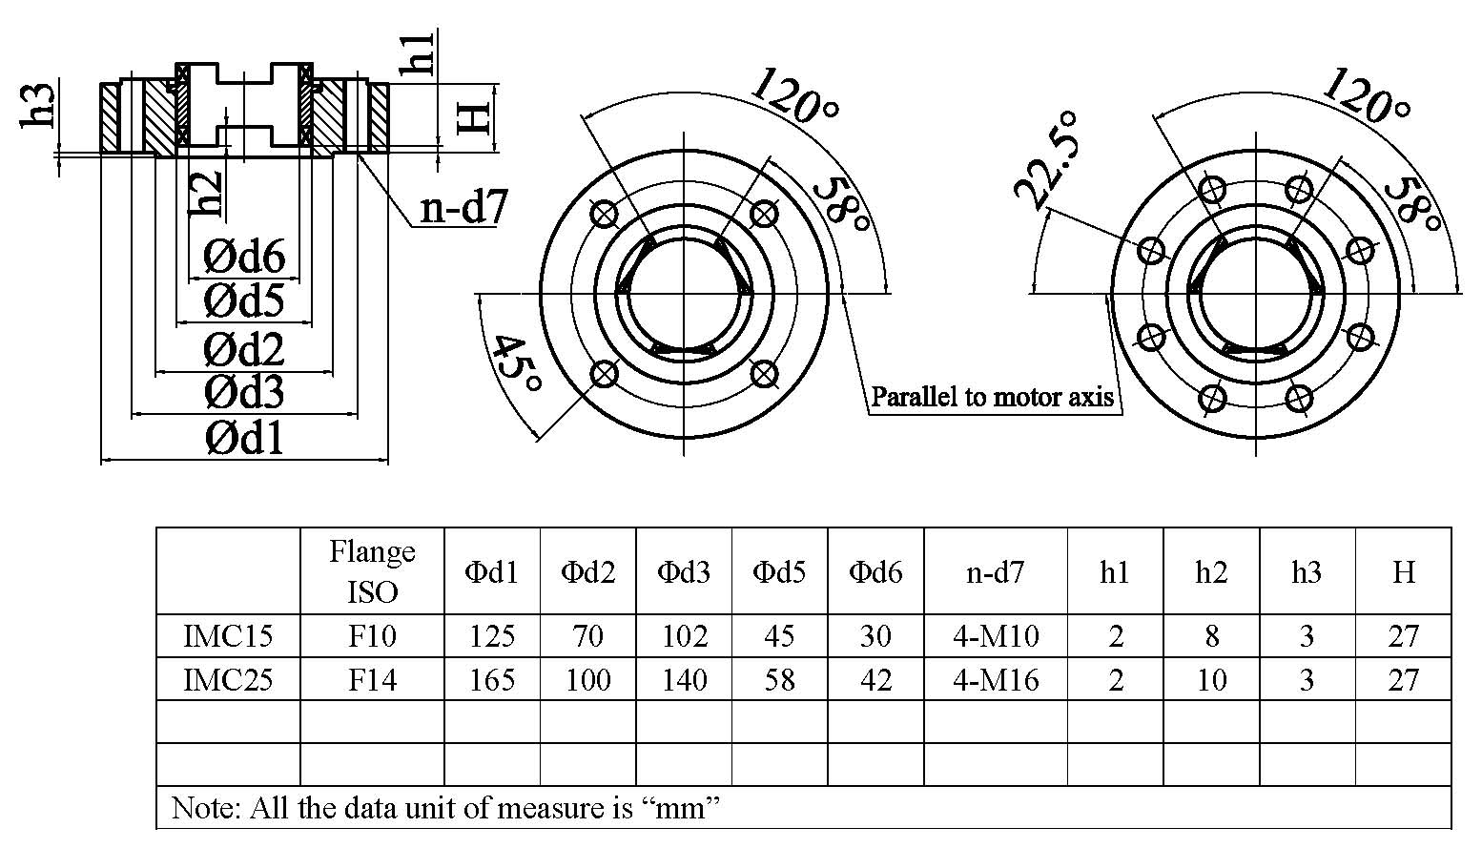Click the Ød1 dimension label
pos(244,439)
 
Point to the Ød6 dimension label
pos(244,257)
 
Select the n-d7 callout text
pos(463,207)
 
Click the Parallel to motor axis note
pos(992,397)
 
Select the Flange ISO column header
pos(372,571)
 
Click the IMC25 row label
pos(228,680)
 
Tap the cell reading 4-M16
pos(996,680)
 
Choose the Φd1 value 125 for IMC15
pos(492,636)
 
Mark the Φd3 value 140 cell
pos(684,680)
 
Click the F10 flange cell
pos(372,636)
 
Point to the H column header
pos(1403,572)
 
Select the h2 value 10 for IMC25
pos(1211,680)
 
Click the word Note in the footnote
pos(202,809)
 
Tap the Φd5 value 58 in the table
pos(779,680)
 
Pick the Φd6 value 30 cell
pos(875,636)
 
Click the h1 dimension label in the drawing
pos(418,52)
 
